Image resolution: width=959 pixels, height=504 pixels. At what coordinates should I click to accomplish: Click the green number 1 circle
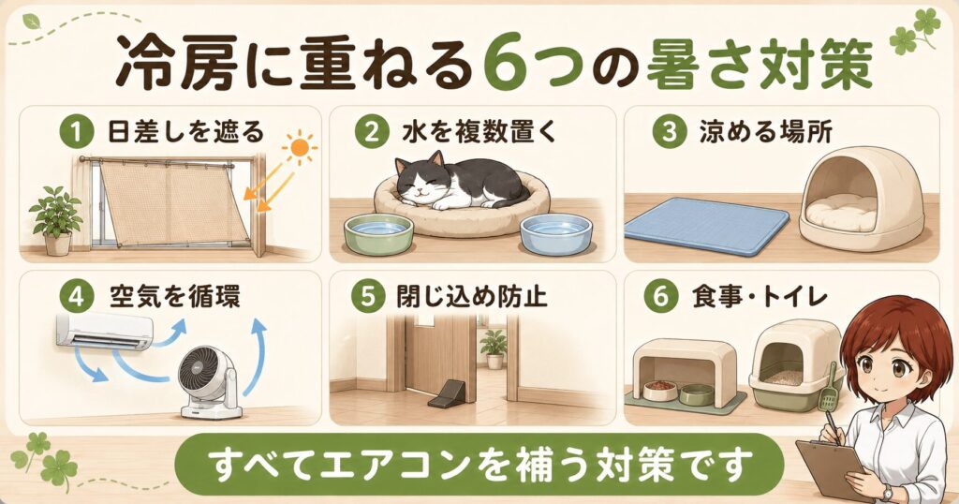[77, 133]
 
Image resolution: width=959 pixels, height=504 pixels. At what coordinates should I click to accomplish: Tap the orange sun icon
[299, 148]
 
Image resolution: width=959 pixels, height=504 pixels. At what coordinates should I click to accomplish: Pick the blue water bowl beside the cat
[556, 233]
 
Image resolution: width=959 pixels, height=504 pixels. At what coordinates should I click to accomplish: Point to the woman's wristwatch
[888, 493]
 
